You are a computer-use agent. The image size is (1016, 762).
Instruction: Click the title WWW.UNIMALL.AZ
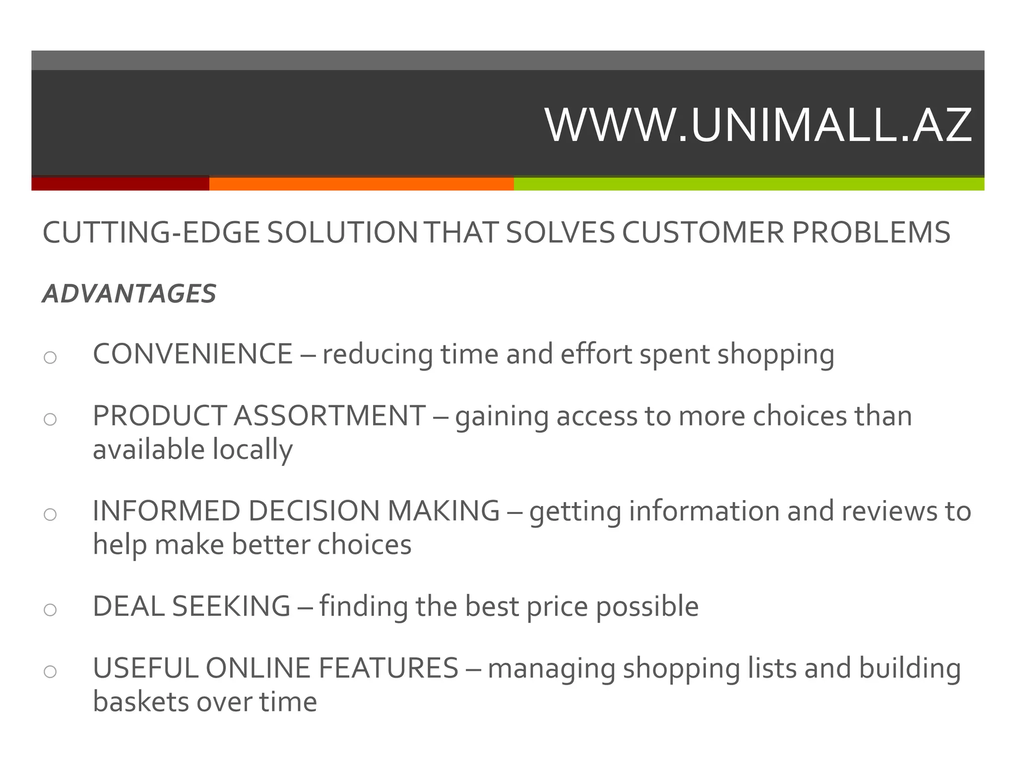(758, 125)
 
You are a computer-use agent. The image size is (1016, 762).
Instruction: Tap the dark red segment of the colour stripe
(120, 184)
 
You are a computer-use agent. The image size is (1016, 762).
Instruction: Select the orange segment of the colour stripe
(361, 184)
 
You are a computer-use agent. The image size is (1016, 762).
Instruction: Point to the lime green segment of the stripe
(749, 184)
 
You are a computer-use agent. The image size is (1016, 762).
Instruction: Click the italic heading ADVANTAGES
(129, 294)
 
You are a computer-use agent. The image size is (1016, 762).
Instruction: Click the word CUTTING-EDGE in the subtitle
(151, 233)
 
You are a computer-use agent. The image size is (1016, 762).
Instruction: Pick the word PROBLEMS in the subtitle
(871, 233)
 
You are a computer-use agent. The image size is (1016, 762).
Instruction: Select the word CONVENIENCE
(192, 354)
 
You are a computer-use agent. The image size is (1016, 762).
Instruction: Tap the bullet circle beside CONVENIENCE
(50, 357)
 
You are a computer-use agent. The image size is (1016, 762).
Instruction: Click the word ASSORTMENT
(329, 416)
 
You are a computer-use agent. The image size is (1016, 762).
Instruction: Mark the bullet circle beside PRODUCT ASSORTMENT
(50, 420)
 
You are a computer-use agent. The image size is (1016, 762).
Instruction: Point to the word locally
(253, 450)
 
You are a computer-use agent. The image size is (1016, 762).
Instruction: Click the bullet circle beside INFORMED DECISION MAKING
(50, 514)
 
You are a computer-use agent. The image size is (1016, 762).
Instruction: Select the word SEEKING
(231, 606)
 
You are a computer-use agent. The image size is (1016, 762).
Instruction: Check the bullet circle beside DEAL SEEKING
(50, 610)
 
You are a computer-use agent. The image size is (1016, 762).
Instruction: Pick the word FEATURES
(388, 668)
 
